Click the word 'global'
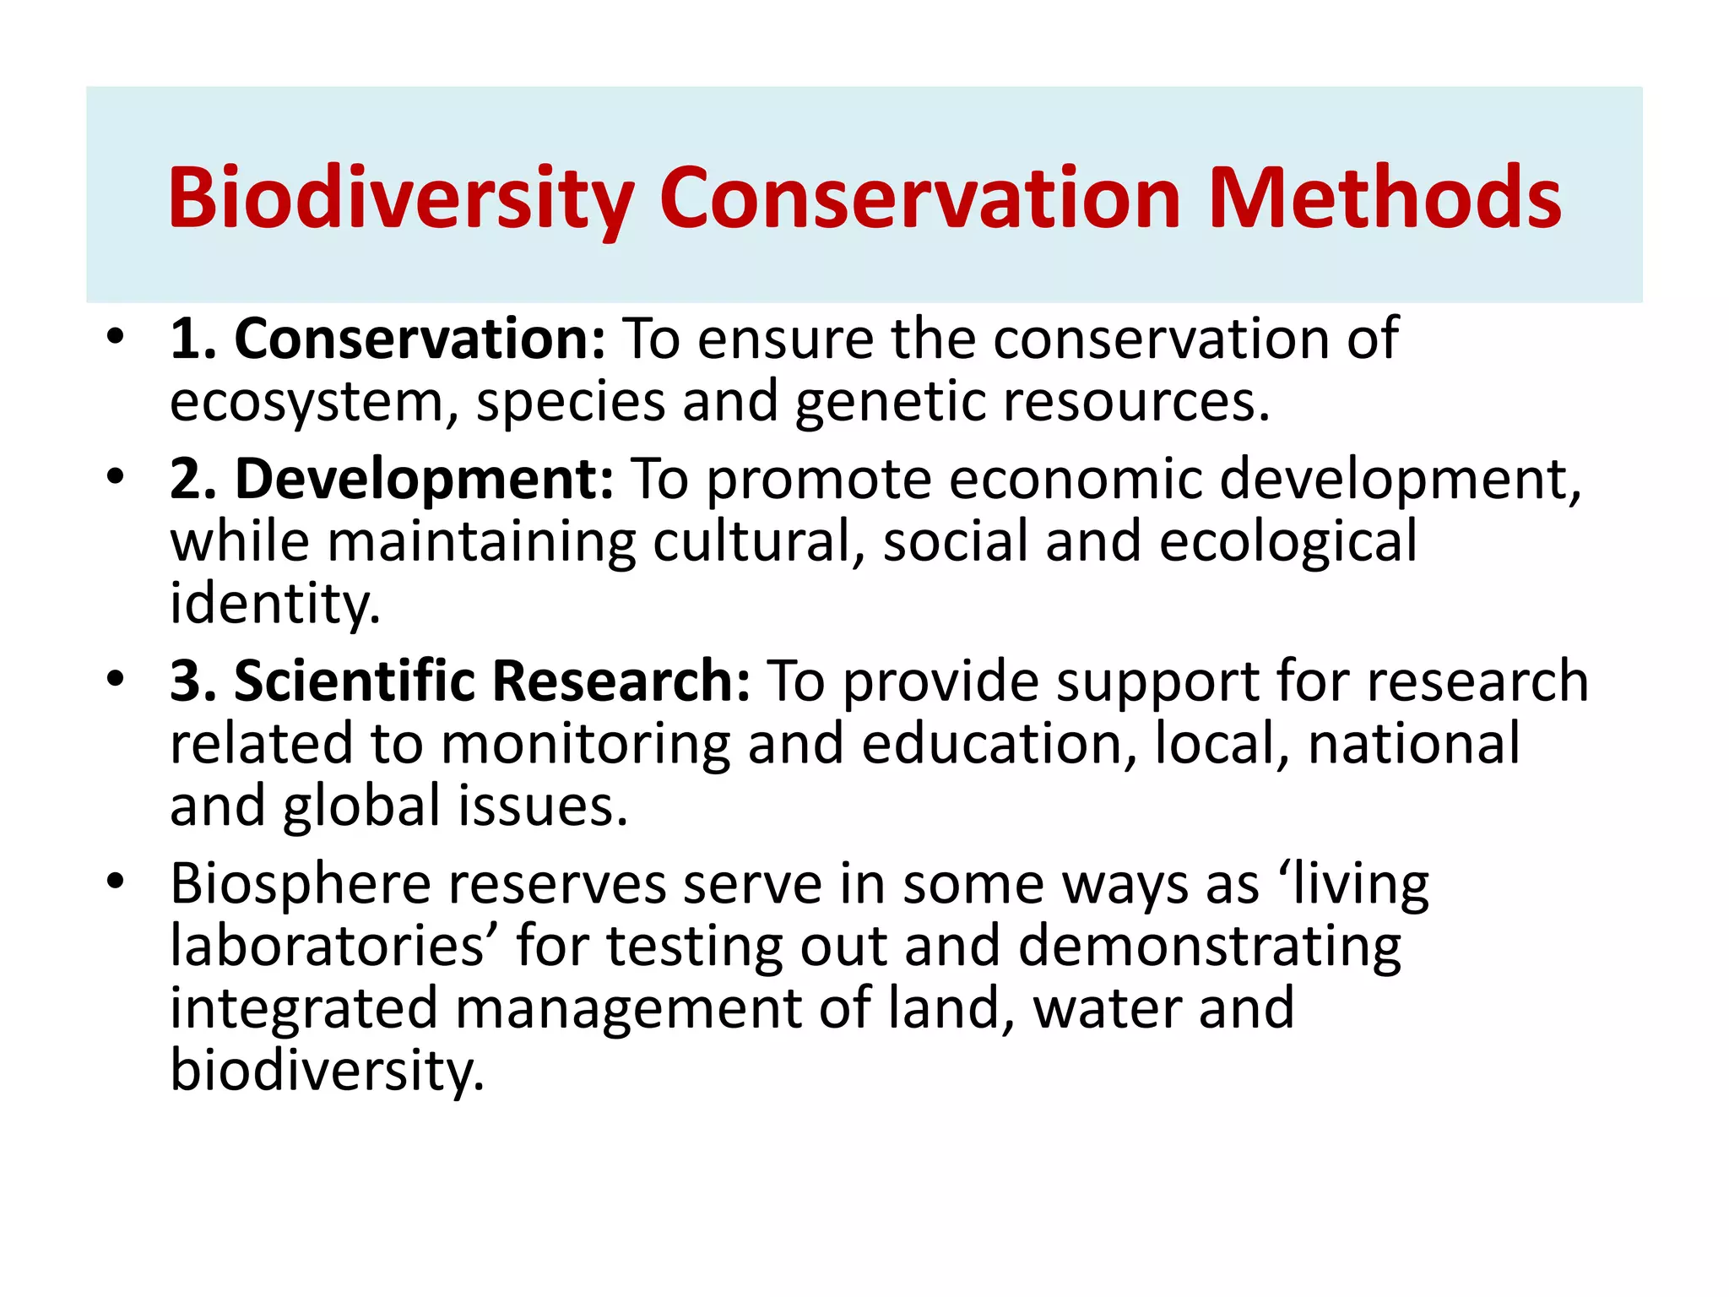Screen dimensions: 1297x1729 (x=361, y=806)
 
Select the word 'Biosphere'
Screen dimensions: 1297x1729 (x=301, y=884)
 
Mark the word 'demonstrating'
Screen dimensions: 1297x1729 (x=1210, y=947)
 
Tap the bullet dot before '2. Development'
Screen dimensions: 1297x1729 (x=116, y=478)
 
